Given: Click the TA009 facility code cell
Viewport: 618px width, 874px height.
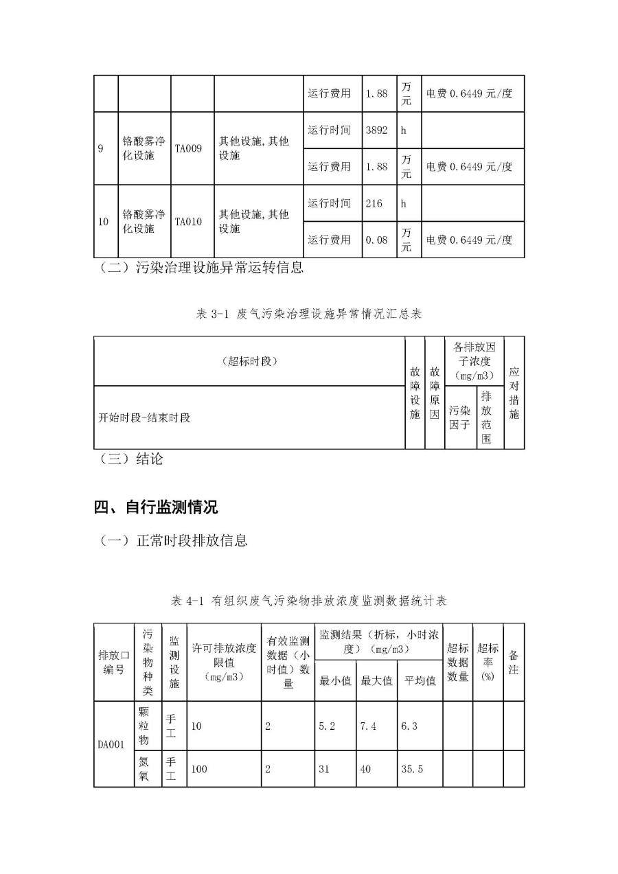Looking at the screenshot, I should click(188, 148).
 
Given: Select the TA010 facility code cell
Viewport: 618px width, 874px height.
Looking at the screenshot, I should click(188, 222).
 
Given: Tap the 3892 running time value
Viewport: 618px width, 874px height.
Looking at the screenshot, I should click(377, 130).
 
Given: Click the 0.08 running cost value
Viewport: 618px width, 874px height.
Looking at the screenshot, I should click(377, 240).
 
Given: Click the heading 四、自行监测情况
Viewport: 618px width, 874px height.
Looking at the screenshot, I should click(156, 508).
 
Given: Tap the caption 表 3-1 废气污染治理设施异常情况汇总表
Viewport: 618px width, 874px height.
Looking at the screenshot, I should click(309, 314).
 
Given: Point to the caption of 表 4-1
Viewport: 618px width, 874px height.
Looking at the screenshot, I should click(309, 601).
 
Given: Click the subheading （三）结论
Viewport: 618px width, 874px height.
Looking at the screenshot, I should click(131, 459).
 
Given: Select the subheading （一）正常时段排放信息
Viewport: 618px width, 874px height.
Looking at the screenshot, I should click(173, 541).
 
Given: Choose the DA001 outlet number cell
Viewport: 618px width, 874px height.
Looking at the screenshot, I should click(111, 744).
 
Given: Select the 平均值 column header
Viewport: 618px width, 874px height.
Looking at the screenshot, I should click(420, 681).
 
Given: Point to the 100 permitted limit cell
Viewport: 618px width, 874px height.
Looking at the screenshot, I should click(198, 769).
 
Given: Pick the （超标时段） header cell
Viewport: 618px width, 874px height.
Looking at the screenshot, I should click(249, 361).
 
